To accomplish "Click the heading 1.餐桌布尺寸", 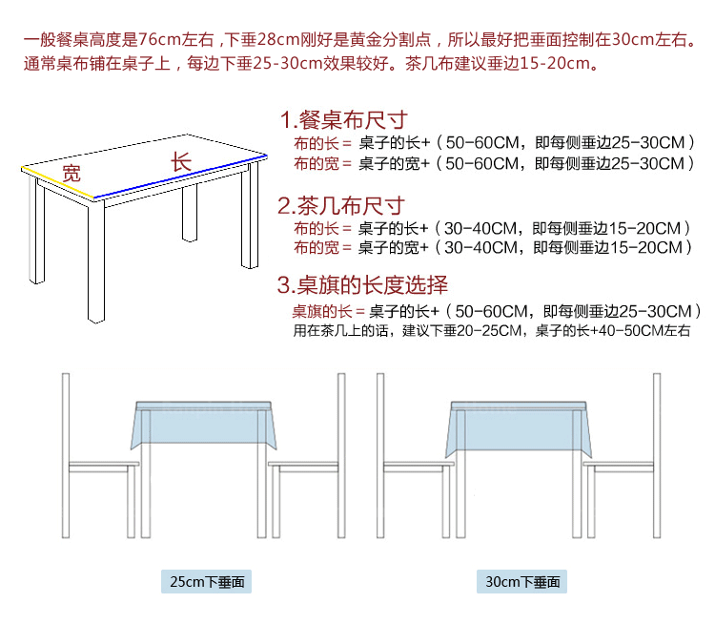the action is tap(343, 120).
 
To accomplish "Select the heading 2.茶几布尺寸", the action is tap(341, 206).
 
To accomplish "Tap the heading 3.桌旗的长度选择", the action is tap(362, 285).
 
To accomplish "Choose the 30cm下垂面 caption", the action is tap(521, 582).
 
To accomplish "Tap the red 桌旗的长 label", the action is tap(322, 312).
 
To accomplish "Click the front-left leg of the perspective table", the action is tap(96, 258).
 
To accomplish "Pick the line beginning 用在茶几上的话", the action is tap(491, 331).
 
